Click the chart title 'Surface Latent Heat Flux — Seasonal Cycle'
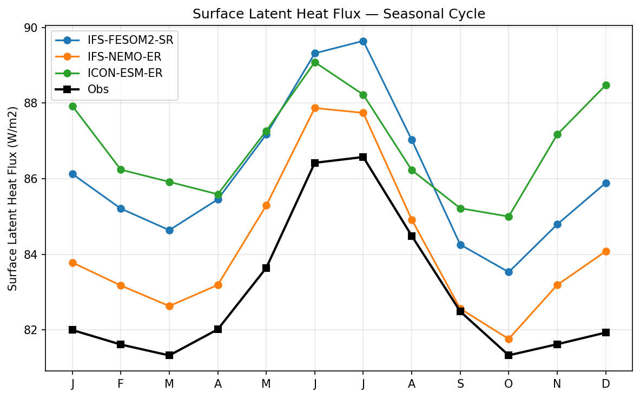pyautogui.click(x=339, y=14)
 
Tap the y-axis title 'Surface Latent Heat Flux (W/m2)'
pyautogui.click(x=13, y=198)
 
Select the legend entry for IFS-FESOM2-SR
pyautogui.click(x=126, y=40)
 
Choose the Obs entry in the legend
pyautogui.click(x=98, y=89)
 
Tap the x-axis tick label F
pyautogui.click(x=121, y=383)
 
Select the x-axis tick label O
pyautogui.click(x=509, y=383)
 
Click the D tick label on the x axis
pyautogui.click(x=606, y=383)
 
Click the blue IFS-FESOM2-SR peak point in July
pyautogui.click(x=363, y=41)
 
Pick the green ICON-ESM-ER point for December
pyautogui.click(x=606, y=85)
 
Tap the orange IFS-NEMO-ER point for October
pyautogui.click(x=509, y=339)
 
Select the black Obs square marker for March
pyautogui.click(x=169, y=355)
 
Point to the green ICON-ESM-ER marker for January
pyautogui.click(x=72, y=106)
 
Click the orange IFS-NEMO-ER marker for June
pyautogui.click(x=315, y=108)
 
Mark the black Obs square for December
pyautogui.click(x=606, y=332)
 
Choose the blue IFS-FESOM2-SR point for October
pyautogui.click(x=509, y=272)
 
